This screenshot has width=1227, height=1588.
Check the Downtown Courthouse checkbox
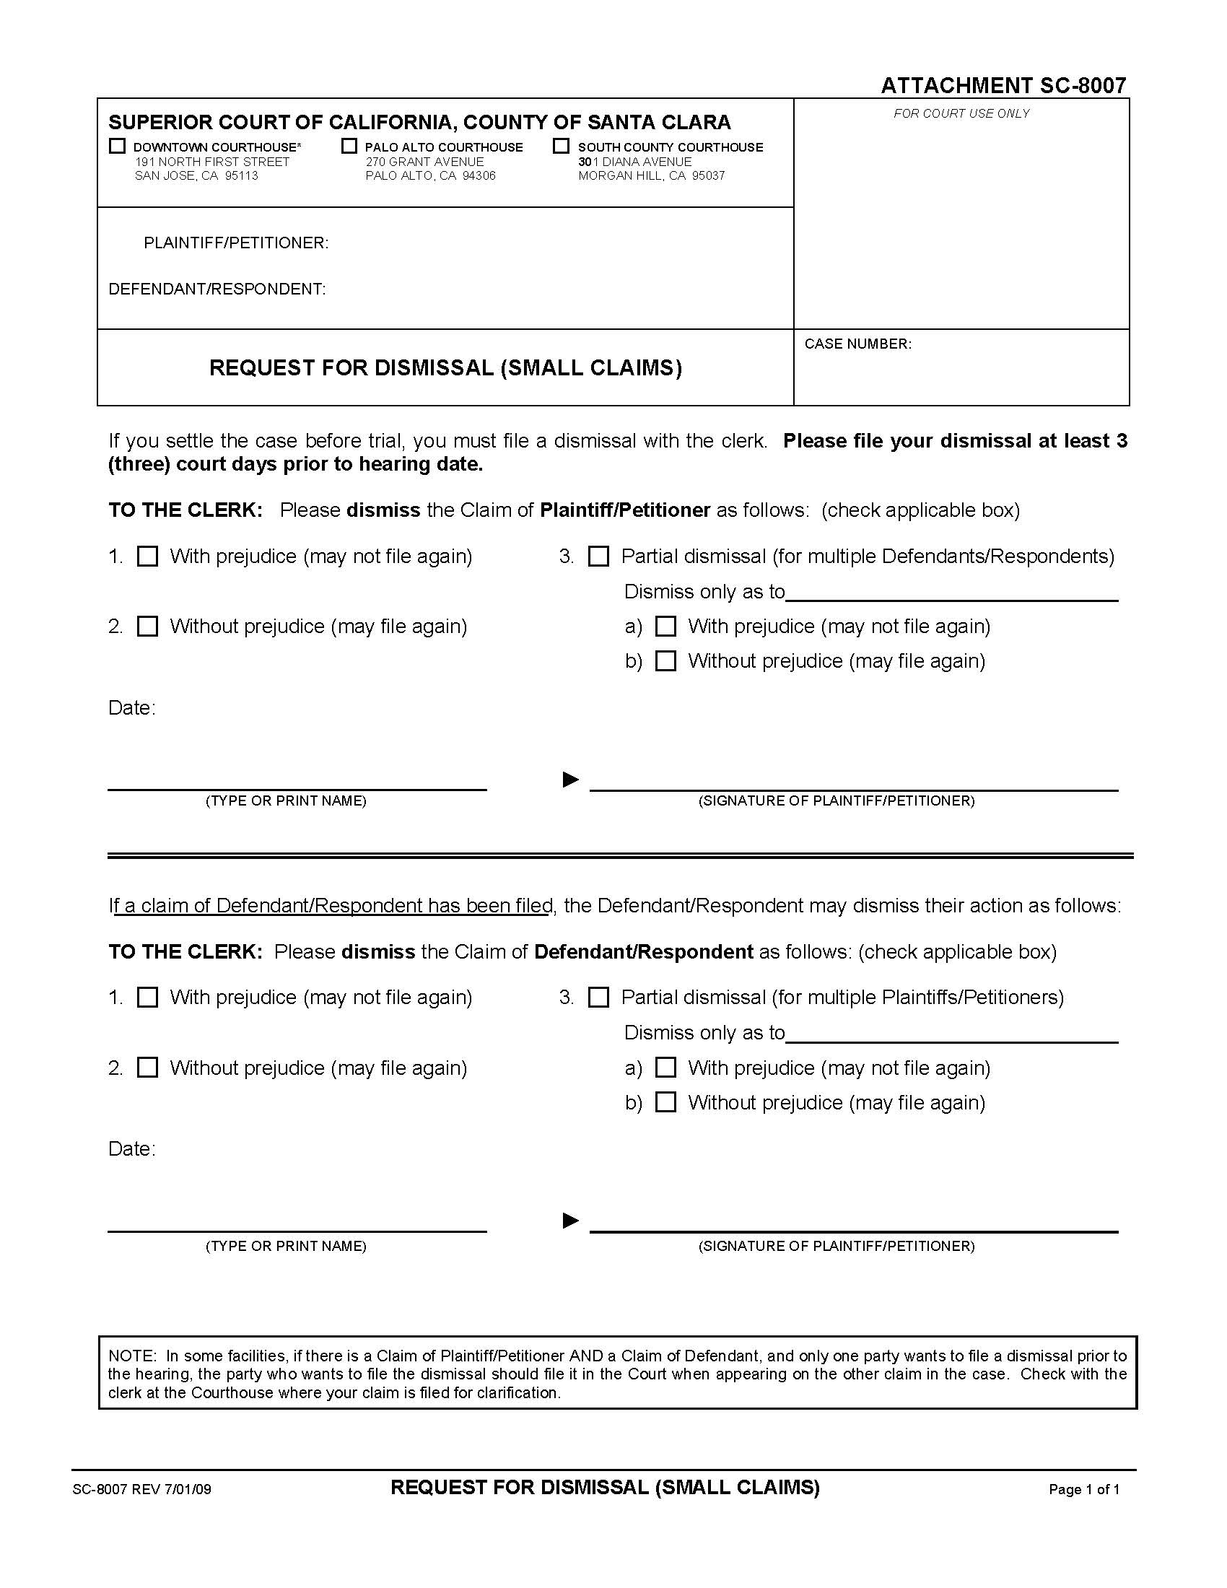click(117, 146)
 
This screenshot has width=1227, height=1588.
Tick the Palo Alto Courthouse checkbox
click(349, 146)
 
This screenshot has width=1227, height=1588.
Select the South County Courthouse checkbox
click(561, 146)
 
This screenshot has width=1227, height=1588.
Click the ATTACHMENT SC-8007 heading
click(1003, 86)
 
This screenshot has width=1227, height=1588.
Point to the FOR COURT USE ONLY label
click(961, 113)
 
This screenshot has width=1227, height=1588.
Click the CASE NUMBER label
click(857, 344)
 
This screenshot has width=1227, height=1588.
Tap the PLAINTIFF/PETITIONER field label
click(236, 243)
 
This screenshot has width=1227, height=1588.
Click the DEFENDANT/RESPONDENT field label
click(217, 289)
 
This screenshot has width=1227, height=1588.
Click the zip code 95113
click(241, 176)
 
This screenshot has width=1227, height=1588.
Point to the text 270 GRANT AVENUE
click(424, 162)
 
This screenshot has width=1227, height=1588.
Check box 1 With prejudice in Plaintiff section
click(147, 557)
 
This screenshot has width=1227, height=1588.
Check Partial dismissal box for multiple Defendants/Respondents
click(598, 557)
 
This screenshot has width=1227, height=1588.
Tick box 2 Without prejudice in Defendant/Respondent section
click(147, 1068)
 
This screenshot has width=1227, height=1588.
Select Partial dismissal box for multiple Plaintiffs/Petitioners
click(598, 997)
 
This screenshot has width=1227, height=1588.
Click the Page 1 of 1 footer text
click(1084, 1489)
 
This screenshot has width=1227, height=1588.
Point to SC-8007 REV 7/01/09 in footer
click(141, 1489)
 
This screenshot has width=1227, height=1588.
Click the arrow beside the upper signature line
click(571, 780)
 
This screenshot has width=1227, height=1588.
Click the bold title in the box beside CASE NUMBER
click(445, 368)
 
